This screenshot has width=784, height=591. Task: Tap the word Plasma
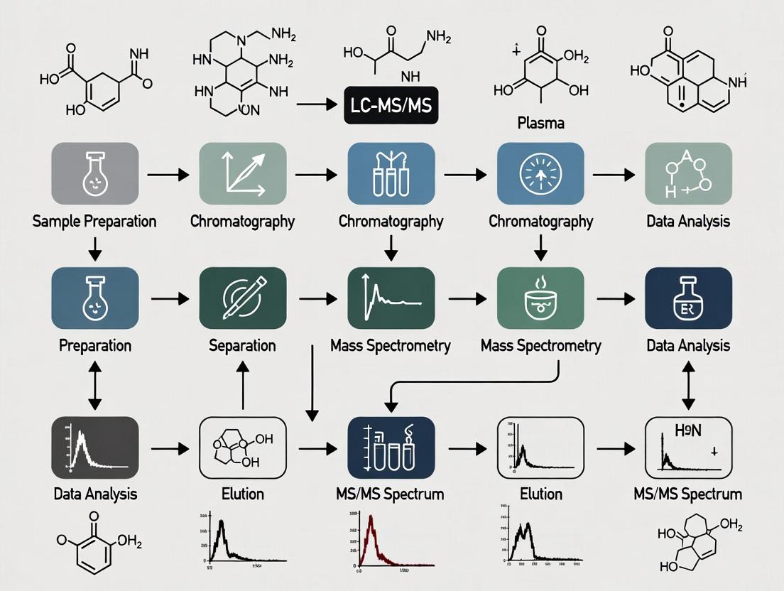point(540,123)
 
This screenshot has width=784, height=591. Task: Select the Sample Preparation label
point(94,221)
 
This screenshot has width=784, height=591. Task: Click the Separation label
point(242,346)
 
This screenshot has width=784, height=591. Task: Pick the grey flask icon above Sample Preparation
point(94,173)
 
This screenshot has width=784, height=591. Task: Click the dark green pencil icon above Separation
point(242,298)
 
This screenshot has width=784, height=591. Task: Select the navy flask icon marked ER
point(687,298)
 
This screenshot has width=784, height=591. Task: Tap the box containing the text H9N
point(687,448)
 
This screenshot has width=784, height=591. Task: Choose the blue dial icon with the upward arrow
point(540,173)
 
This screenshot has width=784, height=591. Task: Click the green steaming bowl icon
point(540,298)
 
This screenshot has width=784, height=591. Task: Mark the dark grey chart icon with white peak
point(94,448)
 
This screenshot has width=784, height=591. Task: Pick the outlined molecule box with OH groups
point(242,448)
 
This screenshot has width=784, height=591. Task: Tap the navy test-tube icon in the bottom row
point(390,448)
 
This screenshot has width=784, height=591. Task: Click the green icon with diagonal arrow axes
point(242,173)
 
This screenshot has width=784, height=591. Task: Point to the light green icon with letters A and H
point(687,173)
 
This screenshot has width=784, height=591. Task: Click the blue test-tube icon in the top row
point(390,173)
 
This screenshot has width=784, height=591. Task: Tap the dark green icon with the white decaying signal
point(390,298)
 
